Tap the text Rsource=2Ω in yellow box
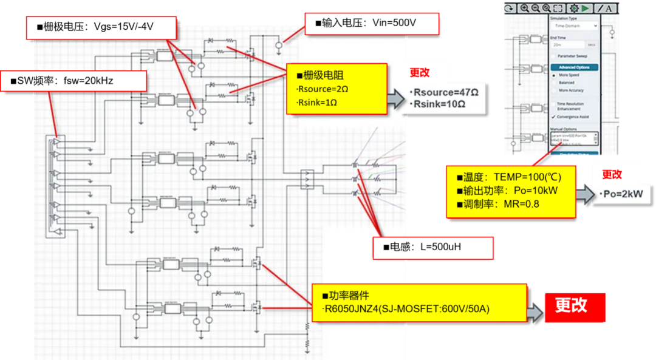pos(323,89)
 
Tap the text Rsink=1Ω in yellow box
pos(317,103)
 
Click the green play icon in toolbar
pos(586,8)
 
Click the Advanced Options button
pos(575,67)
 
